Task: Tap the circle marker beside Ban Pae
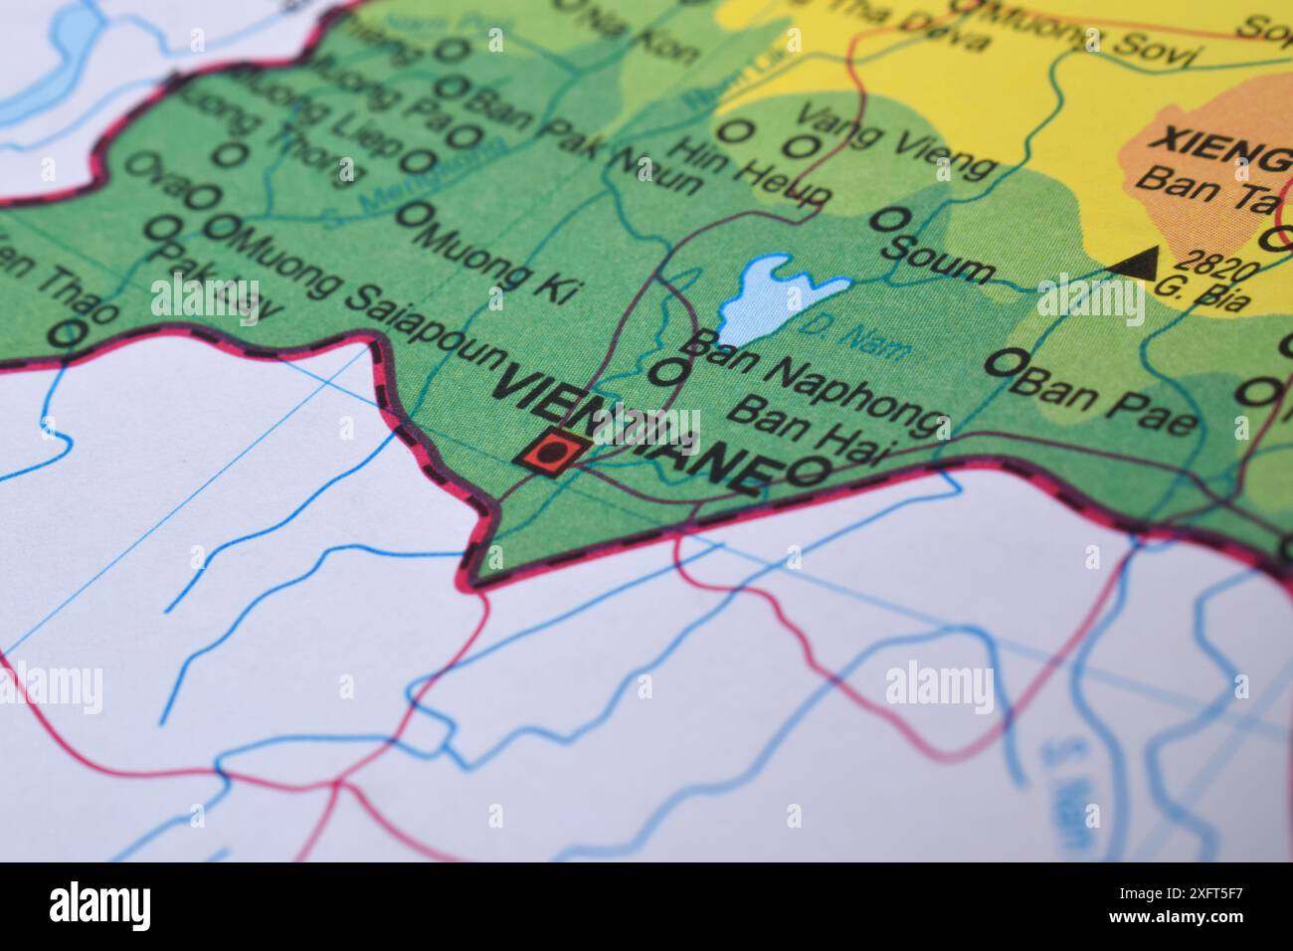pyautogui.click(x=1008, y=362)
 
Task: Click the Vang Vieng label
pyautogui.click(x=895, y=144)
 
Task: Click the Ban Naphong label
pyautogui.click(x=815, y=382)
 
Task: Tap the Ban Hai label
pyautogui.click(x=817, y=438)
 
